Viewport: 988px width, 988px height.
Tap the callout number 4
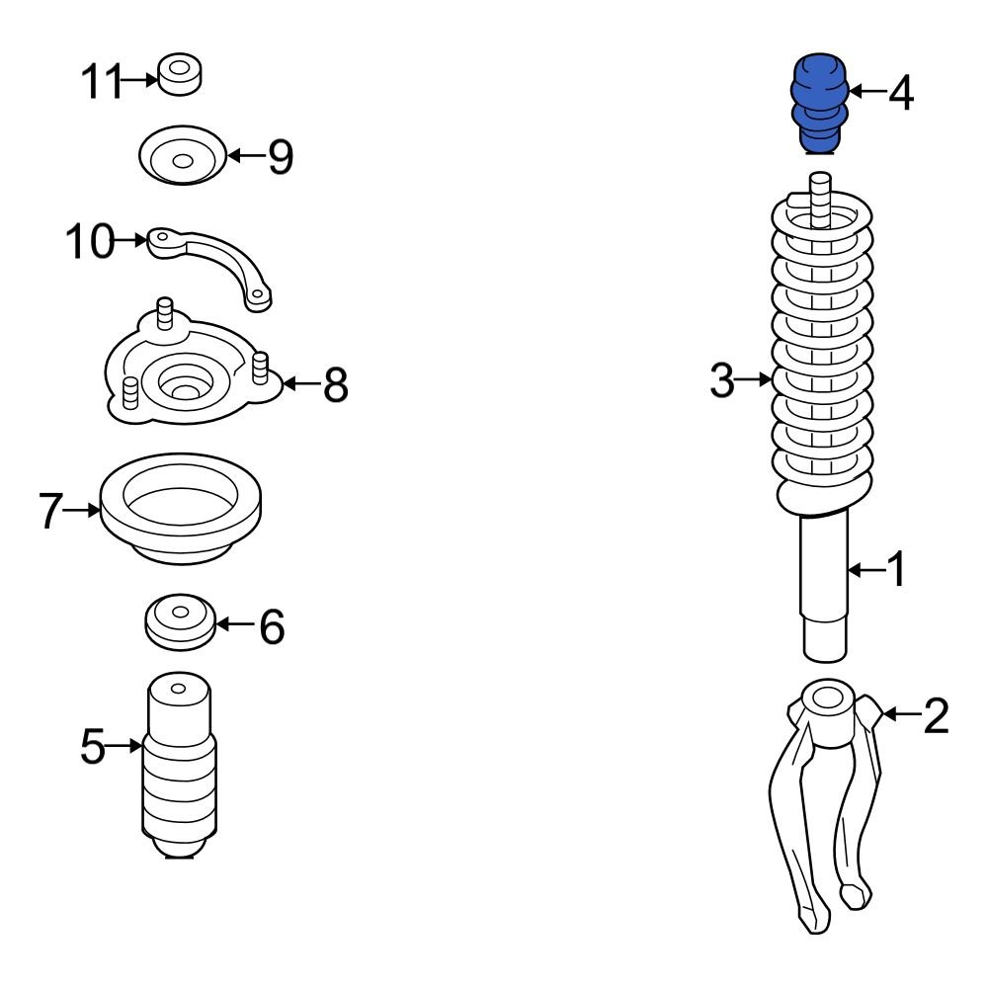[901, 93]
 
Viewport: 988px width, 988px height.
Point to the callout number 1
[894, 570]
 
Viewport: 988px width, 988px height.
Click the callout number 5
[92, 747]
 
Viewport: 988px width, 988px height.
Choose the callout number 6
[272, 626]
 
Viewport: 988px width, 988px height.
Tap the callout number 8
[336, 385]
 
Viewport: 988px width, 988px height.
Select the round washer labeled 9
[181, 157]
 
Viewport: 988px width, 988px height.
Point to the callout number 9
[281, 156]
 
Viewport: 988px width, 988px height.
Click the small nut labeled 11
[180, 75]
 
